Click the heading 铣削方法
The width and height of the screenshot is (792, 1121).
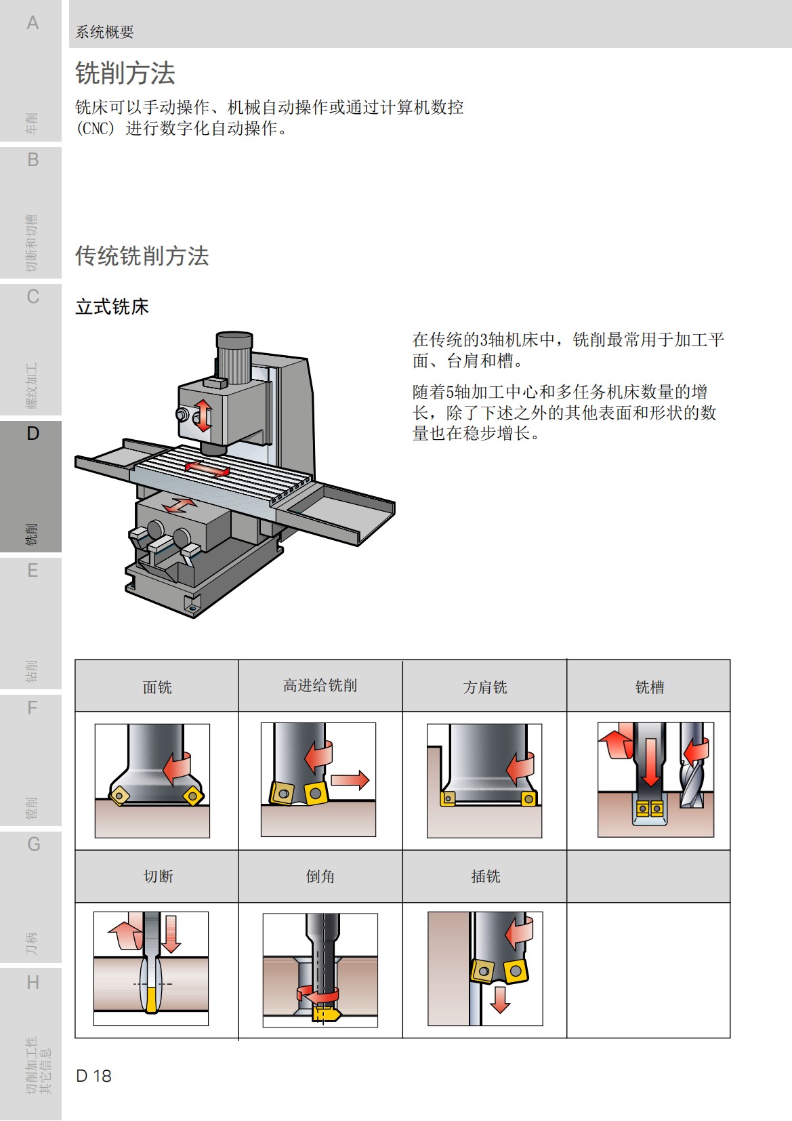125,73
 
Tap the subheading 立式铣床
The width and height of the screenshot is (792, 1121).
112,307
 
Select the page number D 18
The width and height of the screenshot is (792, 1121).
93,1076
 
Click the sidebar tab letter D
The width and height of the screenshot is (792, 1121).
33,434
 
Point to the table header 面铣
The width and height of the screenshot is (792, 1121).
157,687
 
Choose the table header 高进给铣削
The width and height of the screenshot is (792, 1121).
320,686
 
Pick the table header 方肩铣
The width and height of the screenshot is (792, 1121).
485,687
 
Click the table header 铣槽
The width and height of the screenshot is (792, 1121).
649,687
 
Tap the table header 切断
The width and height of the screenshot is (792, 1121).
158,876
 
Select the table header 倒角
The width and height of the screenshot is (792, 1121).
320,876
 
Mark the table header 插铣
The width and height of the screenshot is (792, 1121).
485,876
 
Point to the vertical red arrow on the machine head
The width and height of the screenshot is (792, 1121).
203,415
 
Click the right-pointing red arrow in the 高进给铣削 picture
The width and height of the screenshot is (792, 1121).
350,780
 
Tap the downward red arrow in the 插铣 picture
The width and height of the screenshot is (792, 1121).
500,999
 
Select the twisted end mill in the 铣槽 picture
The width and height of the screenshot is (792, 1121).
692,773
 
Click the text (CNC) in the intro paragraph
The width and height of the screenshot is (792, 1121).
96,128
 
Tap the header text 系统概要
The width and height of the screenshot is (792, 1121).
104,32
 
